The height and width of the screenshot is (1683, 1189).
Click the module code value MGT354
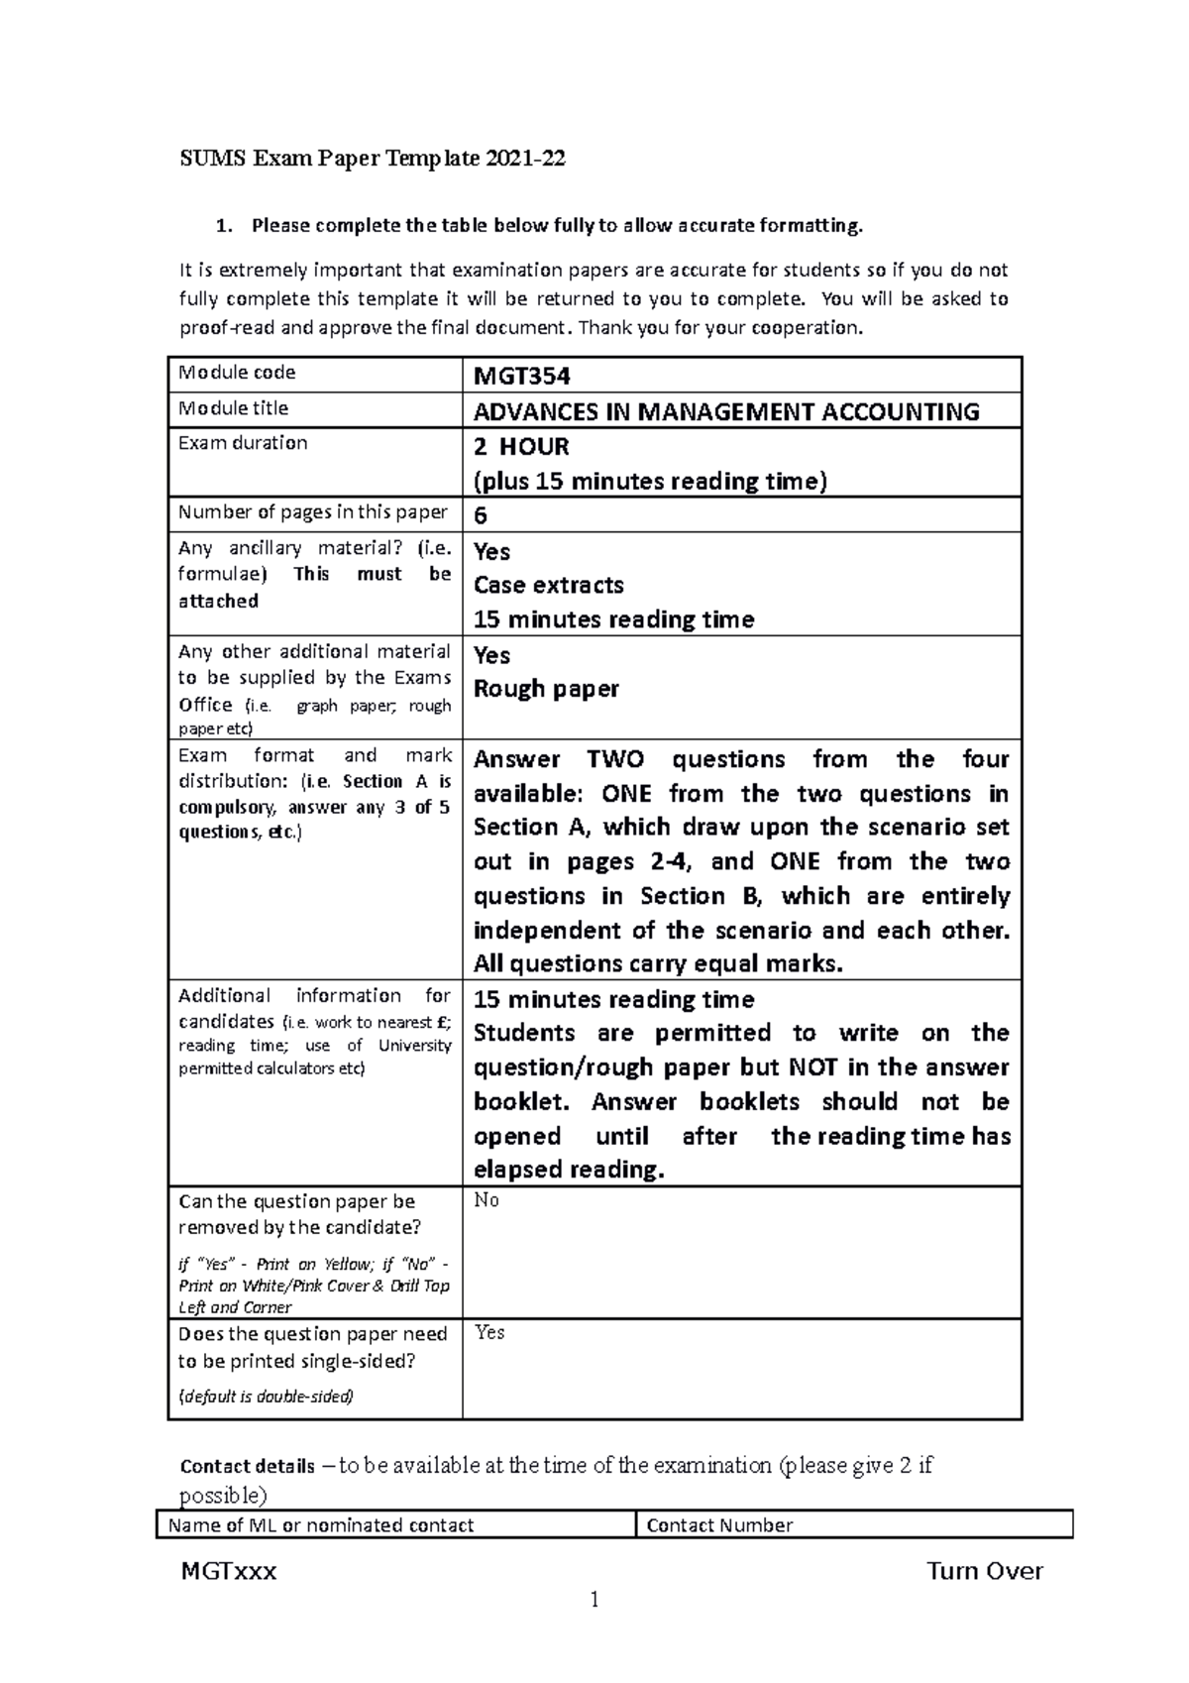point(521,377)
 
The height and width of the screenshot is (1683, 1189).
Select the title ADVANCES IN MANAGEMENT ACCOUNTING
point(726,411)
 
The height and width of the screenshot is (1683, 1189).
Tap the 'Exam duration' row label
point(243,443)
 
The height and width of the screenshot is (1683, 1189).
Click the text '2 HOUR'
point(521,446)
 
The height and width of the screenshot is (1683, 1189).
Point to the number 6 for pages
point(481,515)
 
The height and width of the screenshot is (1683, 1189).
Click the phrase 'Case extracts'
point(549,585)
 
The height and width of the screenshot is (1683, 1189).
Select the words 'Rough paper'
point(546,689)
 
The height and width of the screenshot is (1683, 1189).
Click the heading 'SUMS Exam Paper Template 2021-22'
point(373,159)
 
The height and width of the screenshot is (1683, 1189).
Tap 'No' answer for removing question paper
point(486,1200)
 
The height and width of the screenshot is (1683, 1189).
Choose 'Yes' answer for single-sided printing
point(489,1332)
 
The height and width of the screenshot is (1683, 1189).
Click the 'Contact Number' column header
point(719,1525)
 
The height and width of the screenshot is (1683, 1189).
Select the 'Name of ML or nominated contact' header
point(321,1525)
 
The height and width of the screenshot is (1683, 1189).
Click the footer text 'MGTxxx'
point(229,1571)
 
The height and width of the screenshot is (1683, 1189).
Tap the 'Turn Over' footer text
point(984,1571)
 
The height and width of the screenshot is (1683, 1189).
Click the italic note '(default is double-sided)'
point(266,1397)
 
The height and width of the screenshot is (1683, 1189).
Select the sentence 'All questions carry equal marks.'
point(658,963)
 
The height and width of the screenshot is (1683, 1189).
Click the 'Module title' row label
point(234,408)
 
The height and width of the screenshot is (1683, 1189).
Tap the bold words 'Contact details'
point(247,1466)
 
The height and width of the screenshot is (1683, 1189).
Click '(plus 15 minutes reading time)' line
point(650,481)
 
